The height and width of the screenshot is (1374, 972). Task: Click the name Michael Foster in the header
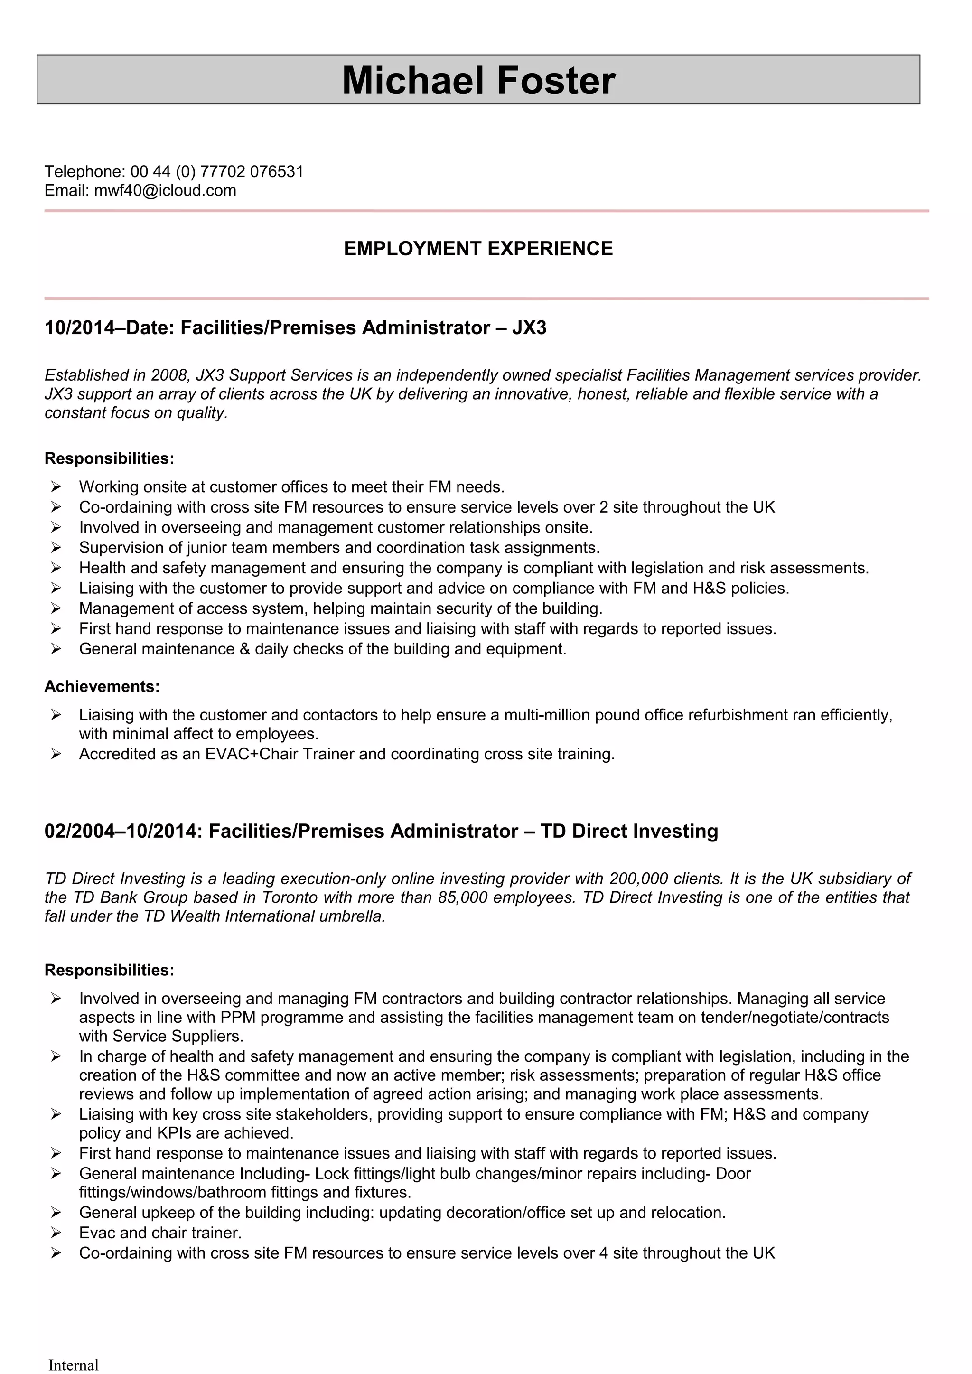(x=478, y=81)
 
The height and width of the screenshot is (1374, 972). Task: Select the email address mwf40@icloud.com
(x=165, y=190)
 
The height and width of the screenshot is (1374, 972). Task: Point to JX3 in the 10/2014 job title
(x=529, y=328)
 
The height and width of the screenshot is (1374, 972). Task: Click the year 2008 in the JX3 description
(x=169, y=375)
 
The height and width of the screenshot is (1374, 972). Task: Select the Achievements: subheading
(x=102, y=686)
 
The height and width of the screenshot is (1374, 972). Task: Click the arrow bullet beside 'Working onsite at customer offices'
(x=56, y=486)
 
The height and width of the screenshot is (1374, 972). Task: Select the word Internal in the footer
(x=73, y=1365)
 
